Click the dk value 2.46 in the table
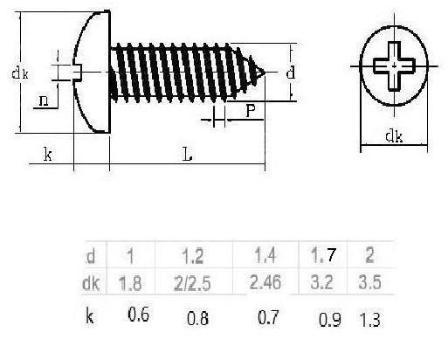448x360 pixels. [265, 282]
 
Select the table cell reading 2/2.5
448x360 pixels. [192, 284]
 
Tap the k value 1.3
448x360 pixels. [369, 320]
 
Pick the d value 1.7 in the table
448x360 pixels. [323, 255]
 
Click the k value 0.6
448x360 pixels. [139, 315]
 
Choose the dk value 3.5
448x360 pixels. [369, 282]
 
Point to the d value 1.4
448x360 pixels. [265, 255]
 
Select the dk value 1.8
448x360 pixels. [130, 283]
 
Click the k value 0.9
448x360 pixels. [329, 320]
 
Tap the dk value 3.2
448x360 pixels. [321, 282]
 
